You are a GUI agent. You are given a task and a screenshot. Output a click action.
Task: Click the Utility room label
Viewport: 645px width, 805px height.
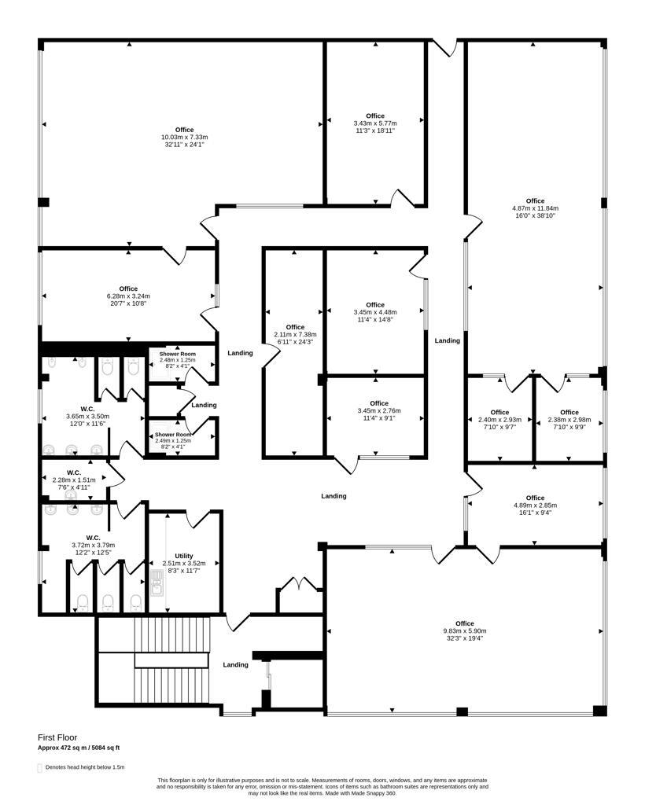click(184, 556)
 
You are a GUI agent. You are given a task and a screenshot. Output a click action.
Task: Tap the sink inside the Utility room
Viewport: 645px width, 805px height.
click(157, 584)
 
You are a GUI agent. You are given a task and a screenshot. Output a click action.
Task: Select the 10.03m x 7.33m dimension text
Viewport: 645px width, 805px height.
click(184, 137)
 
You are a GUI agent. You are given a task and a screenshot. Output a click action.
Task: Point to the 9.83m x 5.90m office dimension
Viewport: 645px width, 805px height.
click(465, 631)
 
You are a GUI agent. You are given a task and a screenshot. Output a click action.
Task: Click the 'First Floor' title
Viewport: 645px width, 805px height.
click(57, 737)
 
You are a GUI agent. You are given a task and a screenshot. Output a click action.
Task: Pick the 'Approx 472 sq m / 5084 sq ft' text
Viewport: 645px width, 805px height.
click(79, 748)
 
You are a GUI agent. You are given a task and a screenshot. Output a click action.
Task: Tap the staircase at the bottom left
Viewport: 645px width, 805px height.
click(172, 660)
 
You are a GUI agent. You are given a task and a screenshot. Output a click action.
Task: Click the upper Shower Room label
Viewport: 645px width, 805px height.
click(177, 355)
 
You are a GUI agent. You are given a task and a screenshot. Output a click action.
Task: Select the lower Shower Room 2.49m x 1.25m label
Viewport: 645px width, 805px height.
click(173, 440)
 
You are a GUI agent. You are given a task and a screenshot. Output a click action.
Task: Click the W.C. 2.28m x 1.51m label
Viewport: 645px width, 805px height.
click(74, 480)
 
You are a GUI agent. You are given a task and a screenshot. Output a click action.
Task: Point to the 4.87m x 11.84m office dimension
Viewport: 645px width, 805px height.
click(535, 208)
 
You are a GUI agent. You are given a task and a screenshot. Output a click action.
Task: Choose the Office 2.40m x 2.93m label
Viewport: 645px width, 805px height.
click(499, 420)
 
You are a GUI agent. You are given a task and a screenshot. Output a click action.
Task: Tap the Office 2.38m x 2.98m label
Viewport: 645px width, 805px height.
click(569, 420)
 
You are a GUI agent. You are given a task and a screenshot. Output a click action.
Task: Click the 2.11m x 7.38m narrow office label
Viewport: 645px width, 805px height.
click(295, 334)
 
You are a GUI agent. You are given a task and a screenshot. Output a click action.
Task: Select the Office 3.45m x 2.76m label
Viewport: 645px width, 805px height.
click(379, 410)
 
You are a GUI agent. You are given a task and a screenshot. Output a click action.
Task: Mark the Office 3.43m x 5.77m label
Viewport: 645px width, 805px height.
click(375, 123)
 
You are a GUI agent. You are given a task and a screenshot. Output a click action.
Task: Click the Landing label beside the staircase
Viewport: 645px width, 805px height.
click(236, 665)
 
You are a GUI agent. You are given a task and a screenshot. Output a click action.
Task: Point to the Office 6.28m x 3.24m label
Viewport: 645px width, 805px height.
click(128, 296)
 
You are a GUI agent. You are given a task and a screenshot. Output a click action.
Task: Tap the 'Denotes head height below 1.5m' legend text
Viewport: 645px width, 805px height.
click(85, 767)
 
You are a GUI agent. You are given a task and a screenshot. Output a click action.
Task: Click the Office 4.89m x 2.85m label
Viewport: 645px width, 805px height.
click(535, 505)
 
